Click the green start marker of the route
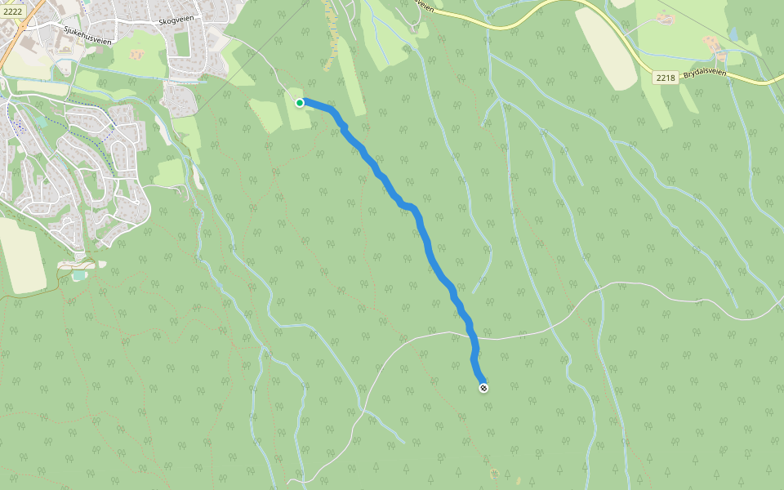click(300, 103)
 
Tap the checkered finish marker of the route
click(483, 388)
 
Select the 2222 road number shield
click(13, 10)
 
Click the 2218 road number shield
click(666, 78)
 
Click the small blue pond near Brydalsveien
click(733, 34)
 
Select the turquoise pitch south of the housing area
click(78, 276)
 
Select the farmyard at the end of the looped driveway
click(665, 18)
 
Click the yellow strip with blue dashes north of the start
click(332, 33)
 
